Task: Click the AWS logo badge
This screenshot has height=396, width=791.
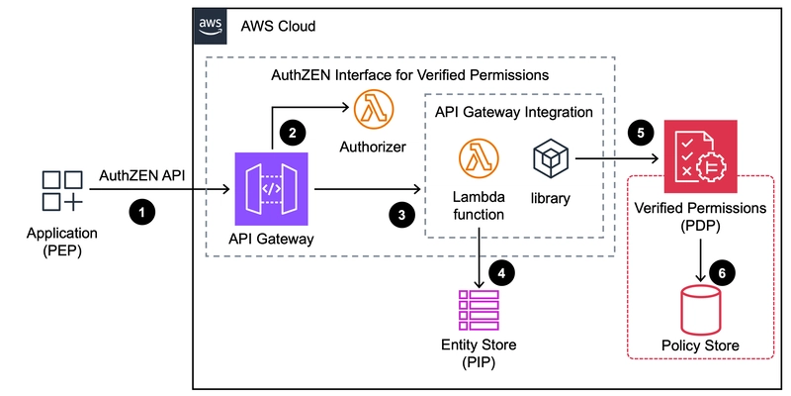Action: (210, 26)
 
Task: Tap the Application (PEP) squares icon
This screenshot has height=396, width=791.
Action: (62, 190)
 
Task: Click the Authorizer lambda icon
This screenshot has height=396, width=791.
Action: (374, 109)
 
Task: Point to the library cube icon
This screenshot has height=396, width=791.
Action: (551, 158)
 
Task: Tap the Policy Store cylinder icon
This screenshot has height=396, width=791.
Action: (700, 308)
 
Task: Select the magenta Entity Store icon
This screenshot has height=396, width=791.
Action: (479, 310)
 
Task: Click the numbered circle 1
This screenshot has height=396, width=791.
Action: (142, 212)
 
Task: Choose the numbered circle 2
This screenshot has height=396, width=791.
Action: (292, 133)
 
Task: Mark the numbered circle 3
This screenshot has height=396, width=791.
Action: (401, 215)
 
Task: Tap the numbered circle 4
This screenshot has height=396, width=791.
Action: (501, 273)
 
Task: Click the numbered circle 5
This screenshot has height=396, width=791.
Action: (641, 134)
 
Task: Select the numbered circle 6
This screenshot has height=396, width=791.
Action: (722, 273)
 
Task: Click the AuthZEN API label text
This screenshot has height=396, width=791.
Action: (141, 175)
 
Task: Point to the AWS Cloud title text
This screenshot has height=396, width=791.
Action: (278, 26)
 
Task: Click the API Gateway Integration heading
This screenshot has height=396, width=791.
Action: (513, 111)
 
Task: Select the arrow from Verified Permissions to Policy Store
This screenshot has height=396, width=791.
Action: (701, 260)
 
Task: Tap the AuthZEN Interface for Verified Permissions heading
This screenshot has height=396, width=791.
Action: (409, 76)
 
